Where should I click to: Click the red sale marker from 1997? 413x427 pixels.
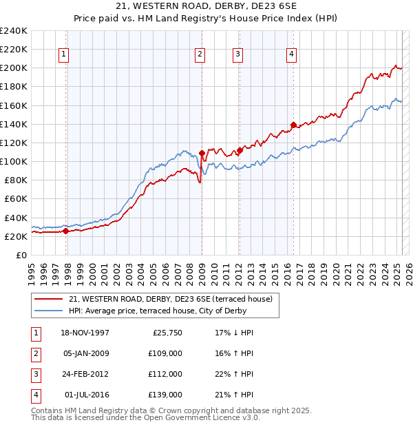coord(66,231)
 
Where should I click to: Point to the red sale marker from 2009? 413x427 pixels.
coord(202,153)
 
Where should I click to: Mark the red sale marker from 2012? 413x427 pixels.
coord(240,150)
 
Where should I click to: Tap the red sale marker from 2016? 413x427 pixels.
coord(293,125)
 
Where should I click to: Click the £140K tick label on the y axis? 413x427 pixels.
coord(14,124)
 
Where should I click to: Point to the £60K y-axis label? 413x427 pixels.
coord(16,198)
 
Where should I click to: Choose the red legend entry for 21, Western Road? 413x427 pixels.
coord(171,299)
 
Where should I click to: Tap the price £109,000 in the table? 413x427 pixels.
coord(166,354)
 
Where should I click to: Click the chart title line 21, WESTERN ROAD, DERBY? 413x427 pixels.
coord(206,8)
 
